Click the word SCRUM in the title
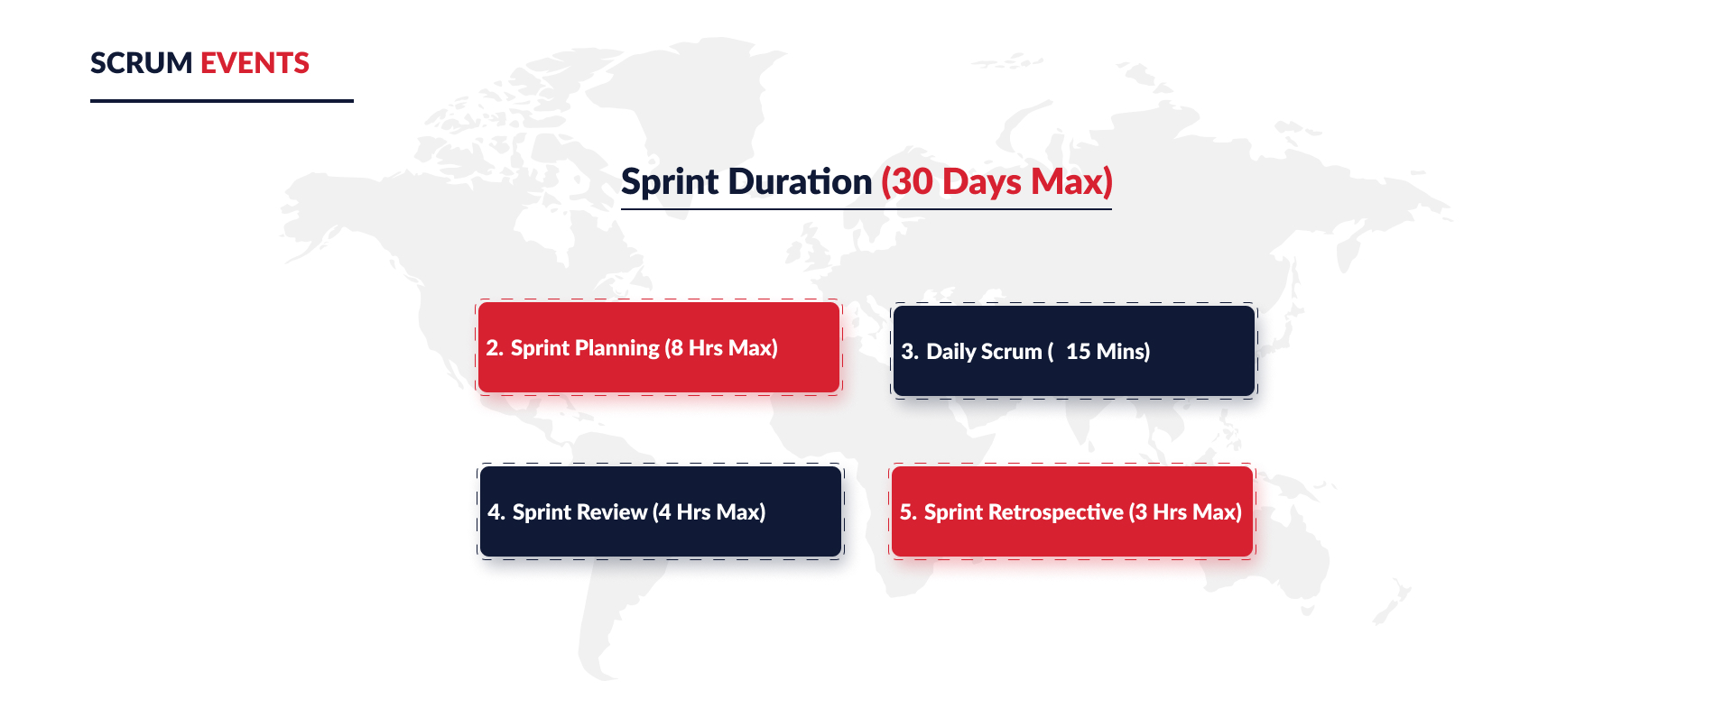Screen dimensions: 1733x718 142,63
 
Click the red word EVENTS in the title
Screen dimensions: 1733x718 255,63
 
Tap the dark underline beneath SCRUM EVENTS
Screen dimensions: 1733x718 222,101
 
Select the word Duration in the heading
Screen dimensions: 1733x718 802,181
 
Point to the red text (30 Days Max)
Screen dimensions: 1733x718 996,182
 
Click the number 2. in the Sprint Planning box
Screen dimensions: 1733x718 495,348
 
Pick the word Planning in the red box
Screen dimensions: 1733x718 617,349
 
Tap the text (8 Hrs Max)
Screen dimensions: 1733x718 721,348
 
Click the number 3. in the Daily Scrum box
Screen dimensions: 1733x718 910,352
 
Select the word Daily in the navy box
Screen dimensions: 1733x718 952,352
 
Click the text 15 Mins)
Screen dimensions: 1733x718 1108,352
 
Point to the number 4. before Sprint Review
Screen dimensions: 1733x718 496,512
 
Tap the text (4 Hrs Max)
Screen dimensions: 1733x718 709,512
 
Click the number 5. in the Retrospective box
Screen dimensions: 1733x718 908,512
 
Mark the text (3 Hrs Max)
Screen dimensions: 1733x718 1186,512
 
